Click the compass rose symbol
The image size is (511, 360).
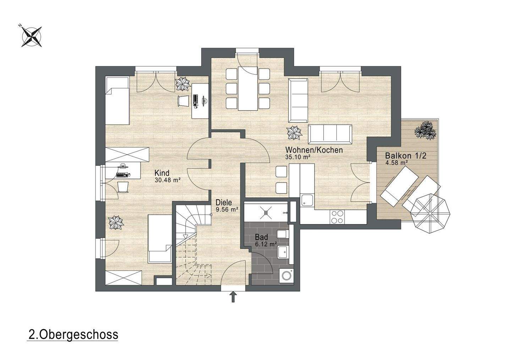pyautogui.click(x=31, y=36)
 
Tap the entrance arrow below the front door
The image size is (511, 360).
pyautogui.click(x=233, y=298)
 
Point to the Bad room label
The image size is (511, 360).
pyautogui.click(x=262, y=237)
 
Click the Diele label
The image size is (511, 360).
pyautogui.click(x=224, y=202)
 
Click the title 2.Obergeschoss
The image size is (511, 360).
pyautogui.click(x=73, y=335)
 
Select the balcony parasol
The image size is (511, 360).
pyautogui.click(x=430, y=213)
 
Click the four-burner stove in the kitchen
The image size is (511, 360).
pyautogui.click(x=337, y=217)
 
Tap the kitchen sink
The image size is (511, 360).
pyautogui.click(x=307, y=200)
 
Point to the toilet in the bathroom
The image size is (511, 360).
pyautogui.click(x=282, y=234)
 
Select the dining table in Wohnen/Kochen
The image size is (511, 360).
pyautogui.click(x=248, y=88)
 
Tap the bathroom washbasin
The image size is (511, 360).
pyautogui.click(x=283, y=253)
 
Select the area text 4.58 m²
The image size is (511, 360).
pyautogui.click(x=396, y=163)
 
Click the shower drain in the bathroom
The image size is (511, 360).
pyautogui.click(x=266, y=212)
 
